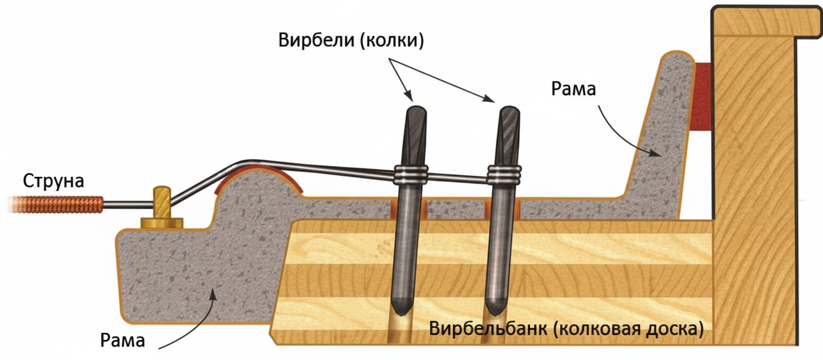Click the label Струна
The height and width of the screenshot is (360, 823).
click(x=54, y=181)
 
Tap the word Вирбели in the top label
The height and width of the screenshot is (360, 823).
click(x=316, y=40)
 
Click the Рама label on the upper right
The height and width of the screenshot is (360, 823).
click(x=573, y=89)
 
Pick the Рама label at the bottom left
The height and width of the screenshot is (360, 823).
click(x=123, y=340)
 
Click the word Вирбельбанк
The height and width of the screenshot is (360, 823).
click(x=488, y=328)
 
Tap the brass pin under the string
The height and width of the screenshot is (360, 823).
click(x=162, y=208)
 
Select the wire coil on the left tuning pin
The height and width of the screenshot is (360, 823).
click(x=411, y=174)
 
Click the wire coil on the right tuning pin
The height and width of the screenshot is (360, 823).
click(x=504, y=174)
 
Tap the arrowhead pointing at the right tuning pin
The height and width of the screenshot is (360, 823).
click(x=489, y=99)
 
